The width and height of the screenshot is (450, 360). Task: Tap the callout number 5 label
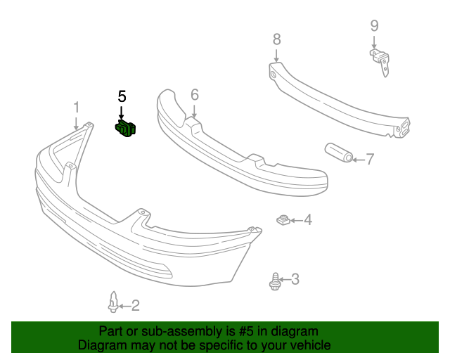click(122, 96)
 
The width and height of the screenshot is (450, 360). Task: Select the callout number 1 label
click(77, 108)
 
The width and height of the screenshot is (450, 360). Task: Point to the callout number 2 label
click(136, 305)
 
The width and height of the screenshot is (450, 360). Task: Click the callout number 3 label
click(295, 279)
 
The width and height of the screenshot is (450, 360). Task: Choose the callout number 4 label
click(307, 221)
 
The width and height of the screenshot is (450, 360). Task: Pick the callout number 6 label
click(195, 94)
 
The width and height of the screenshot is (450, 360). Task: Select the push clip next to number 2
click(112, 302)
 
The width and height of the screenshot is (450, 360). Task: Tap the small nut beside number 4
click(282, 221)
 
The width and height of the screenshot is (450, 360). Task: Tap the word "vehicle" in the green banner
click(307, 345)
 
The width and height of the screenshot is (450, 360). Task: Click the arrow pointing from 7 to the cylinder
click(357, 160)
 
